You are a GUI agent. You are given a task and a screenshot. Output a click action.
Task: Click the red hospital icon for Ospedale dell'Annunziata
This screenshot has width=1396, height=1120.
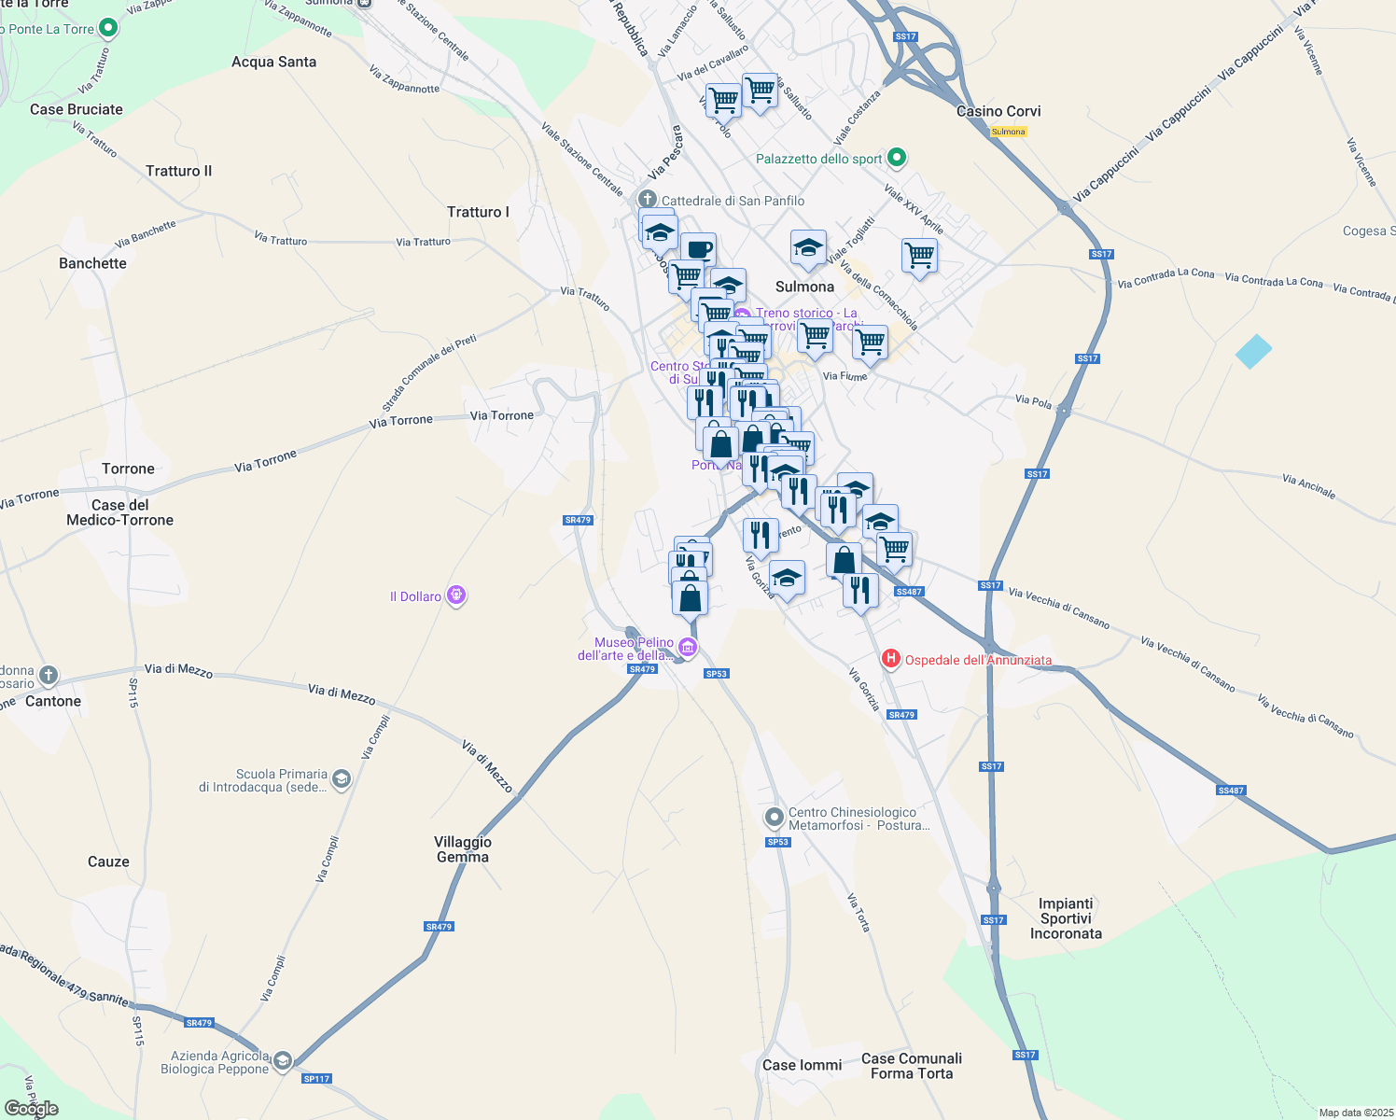tap(891, 659)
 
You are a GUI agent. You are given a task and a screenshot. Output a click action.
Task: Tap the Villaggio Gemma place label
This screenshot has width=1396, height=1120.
tap(463, 849)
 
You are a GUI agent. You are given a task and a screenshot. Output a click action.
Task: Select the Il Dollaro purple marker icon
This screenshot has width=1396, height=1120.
tap(456, 595)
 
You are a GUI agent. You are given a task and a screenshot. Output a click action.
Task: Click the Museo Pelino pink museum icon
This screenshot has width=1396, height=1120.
tap(688, 647)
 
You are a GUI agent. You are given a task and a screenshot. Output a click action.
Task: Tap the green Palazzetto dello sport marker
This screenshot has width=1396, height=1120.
tap(897, 158)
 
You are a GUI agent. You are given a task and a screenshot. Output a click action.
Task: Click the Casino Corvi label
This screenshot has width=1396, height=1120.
tap(998, 111)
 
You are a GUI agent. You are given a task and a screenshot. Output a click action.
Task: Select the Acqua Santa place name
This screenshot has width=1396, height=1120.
tap(273, 62)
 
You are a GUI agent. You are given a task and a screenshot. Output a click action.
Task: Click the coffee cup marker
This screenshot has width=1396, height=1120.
tap(698, 249)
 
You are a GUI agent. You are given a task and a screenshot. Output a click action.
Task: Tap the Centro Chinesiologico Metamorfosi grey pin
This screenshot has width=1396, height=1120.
tap(774, 818)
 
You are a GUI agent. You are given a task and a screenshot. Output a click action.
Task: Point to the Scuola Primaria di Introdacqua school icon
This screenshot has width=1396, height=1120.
tap(342, 779)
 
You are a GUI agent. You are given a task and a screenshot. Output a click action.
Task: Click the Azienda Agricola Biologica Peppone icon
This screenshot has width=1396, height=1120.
tap(282, 1061)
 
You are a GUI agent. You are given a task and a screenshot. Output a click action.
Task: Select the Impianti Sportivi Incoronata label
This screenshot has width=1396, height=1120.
tap(1066, 918)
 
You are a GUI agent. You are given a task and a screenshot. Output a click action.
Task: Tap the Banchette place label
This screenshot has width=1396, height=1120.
tap(92, 263)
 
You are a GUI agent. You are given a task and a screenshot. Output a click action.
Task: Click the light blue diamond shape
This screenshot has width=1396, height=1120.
tap(1253, 352)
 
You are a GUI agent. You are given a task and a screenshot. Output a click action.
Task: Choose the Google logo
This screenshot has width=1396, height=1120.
tap(32, 1108)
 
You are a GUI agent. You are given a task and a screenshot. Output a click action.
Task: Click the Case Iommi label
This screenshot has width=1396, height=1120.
tap(802, 1065)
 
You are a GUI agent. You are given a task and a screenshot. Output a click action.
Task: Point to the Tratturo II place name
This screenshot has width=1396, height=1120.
tap(178, 171)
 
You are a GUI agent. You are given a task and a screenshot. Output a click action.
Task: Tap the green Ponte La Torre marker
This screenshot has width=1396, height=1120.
tap(108, 28)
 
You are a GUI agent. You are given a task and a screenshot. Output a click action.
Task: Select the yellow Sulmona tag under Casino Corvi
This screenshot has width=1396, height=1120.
tap(1008, 132)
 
